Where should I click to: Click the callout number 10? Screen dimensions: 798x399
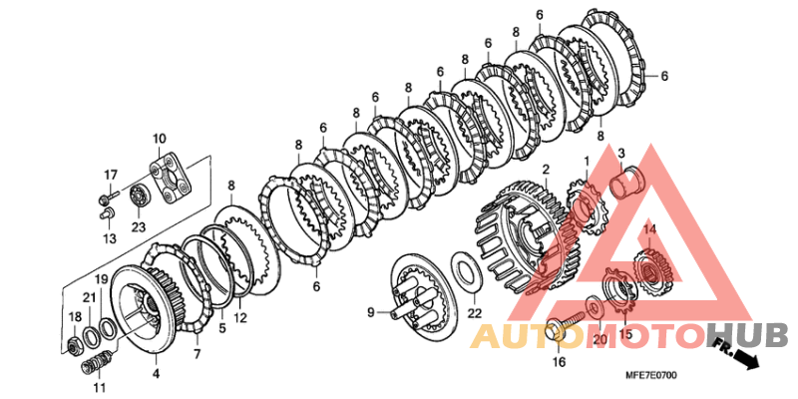pos(159,138)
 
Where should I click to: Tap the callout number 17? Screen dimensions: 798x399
pos(111,176)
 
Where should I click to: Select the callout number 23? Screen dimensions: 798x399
pos(139,227)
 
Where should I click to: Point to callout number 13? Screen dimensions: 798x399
pos(110,238)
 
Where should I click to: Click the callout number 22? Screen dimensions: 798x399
pos(475,313)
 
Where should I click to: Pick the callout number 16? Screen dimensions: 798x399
pos(559,362)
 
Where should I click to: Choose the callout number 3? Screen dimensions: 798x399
pos(620,153)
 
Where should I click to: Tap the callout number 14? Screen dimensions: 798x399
pos(650,229)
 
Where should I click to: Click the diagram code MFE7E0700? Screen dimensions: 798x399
pos(651,376)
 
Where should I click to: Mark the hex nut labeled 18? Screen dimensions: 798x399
pos(76,346)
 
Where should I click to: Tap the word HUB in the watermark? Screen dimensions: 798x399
pos(746,335)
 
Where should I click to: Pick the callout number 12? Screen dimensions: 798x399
pos(240,318)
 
